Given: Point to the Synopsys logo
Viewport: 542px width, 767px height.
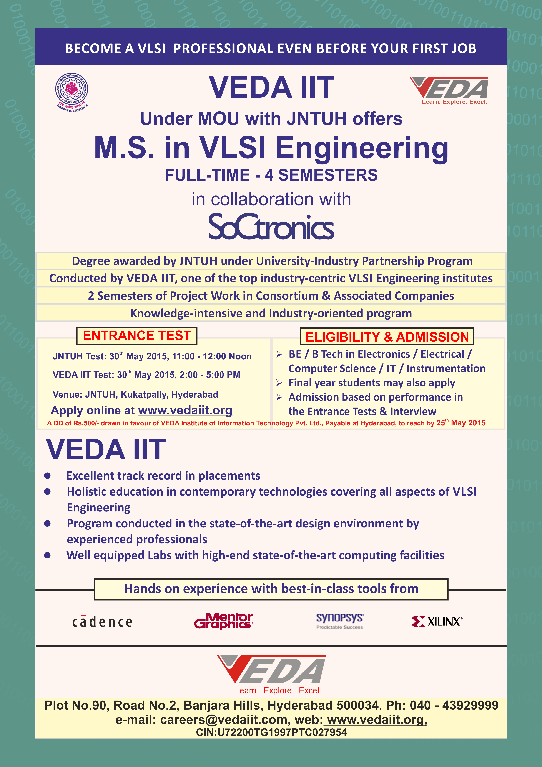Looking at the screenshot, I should (x=340, y=621).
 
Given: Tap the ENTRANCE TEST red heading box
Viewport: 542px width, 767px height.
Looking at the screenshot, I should (x=137, y=336).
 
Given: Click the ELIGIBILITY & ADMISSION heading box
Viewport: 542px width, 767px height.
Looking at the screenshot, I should (x=387, y=337).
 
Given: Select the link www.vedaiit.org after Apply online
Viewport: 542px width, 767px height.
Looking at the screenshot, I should (x=185, y=410).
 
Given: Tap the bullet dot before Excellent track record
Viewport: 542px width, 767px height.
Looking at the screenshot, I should (x=47, y=476).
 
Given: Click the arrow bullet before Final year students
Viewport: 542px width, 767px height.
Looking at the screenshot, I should (x=279, y=383).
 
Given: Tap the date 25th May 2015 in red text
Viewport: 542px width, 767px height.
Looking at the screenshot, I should (x=461, y=423).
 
